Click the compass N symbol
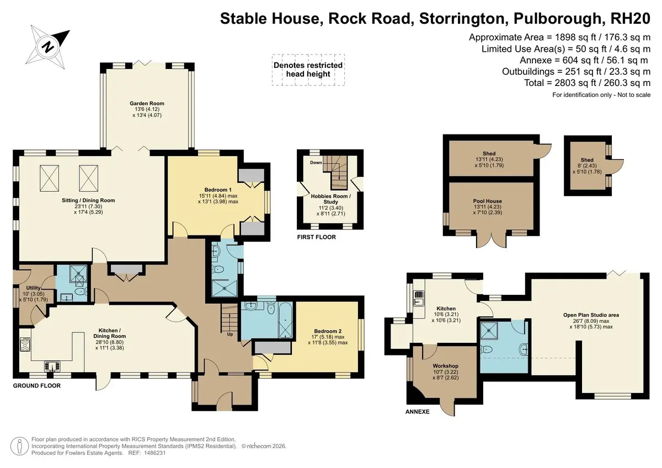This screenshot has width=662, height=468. coord(48,47)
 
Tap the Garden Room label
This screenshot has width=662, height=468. coord(147,103)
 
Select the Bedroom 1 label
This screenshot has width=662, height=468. coord(218,190)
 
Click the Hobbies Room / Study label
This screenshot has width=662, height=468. coord(330,199)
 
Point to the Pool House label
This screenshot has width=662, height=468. coord(487,201)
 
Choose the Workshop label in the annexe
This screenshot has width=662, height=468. coord(445,366)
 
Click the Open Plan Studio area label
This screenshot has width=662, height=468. coord(591,315)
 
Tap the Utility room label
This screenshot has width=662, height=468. coord(33,288)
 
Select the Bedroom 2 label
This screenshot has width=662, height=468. coord(328,331)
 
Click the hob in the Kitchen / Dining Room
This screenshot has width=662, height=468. coord(25,344)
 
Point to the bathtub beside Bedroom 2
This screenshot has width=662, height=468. coord(285,320)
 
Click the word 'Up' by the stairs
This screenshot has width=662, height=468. coord(230,334)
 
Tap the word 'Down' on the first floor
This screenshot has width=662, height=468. coord(316,163)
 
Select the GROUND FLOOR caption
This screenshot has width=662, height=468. coord(36,386)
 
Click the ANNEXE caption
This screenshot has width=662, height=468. coord(417,412)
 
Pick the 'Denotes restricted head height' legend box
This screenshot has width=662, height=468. coord(308,70)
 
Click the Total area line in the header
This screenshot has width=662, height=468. coord(587,83)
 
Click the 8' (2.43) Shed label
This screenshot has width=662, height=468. coord(587,165)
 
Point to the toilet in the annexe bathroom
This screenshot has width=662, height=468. coord(487,349)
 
